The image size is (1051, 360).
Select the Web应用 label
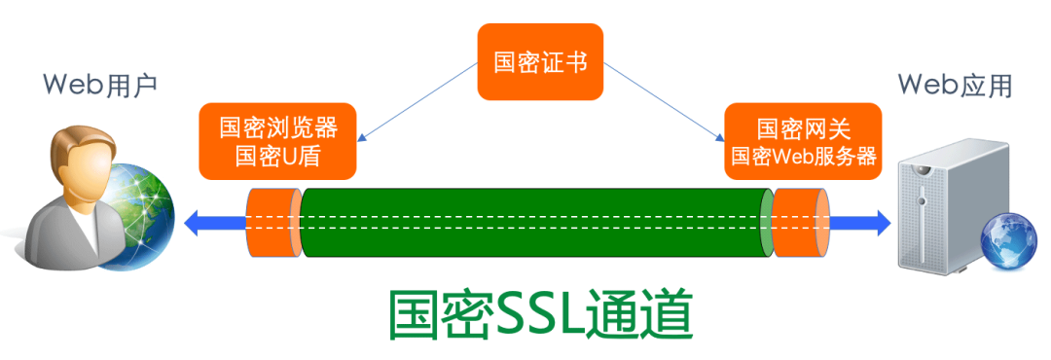point(955,86)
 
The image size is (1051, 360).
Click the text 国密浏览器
point(278,129)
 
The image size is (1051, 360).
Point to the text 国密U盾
point(278,158)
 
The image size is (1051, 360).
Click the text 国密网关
point(803,129)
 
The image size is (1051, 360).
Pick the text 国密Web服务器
point(803,156)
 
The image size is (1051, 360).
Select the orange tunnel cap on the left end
point(274,222)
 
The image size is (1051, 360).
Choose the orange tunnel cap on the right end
point(801,222)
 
